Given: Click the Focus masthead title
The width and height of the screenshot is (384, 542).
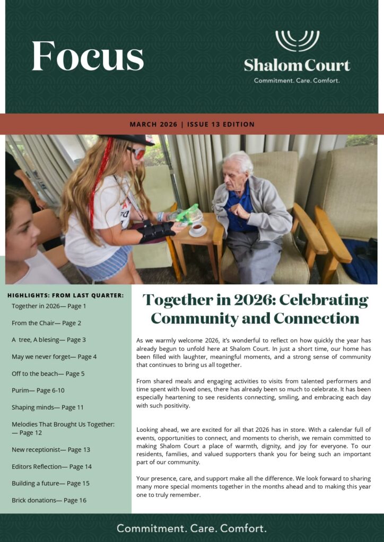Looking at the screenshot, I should pyautogui.click(x=88, y=56).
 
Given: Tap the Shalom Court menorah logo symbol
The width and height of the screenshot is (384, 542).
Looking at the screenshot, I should pyautogui.click(x=297, y=41).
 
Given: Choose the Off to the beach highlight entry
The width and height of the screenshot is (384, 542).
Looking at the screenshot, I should pyautogui.click(x=48, y=374).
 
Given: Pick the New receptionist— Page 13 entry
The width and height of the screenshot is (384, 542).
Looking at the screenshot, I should pyautogui.click(x=51, y=450).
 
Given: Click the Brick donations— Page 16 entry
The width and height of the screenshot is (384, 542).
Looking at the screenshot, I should pyautogui.click(x=49, y=500).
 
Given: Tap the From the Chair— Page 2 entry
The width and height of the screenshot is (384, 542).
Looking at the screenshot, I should pyautogui.click(x=47, y=323).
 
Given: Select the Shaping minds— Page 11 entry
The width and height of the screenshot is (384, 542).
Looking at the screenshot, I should pyautogui.click(x=48, y=408).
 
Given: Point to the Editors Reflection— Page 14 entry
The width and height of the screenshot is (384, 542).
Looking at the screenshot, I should pyautogui.click(x=51, y=467).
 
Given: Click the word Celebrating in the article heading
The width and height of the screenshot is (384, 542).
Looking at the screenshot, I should pyautogui.click(x=324, y=300).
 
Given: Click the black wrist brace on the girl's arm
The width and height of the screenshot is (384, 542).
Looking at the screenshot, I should pyautogui.click(x=156, y=231).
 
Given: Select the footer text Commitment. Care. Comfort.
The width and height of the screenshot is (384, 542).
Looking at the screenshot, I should pyautogui.click(x=191, y=528).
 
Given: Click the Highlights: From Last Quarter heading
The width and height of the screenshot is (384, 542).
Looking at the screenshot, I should pyautogui.click(x=66, y=295).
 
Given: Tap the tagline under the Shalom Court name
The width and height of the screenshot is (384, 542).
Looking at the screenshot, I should pyautogui.click(x=297, y=81).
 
